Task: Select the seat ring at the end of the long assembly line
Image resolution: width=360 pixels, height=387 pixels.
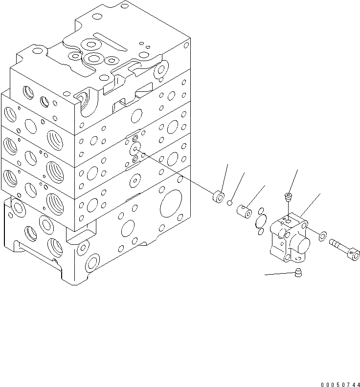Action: click(x=218, y=198)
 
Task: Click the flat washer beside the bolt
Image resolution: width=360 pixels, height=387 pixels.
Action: click(x=323, y=237)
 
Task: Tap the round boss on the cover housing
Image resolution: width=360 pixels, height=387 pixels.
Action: click(x=301, y=242)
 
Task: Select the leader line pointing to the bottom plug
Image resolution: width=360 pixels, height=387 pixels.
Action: click(x=280, y=275)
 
